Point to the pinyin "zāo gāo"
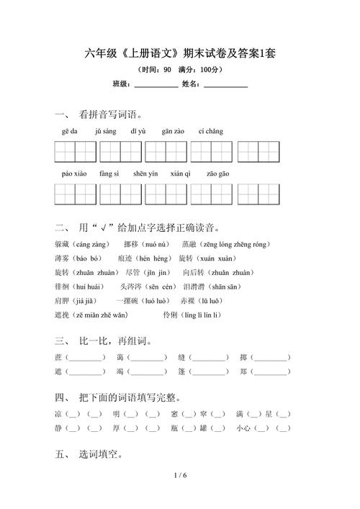(218, 174)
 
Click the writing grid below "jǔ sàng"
(120, 152)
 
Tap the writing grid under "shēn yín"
(166, 194)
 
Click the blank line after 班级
(156, 85)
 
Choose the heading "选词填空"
(100, 455)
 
